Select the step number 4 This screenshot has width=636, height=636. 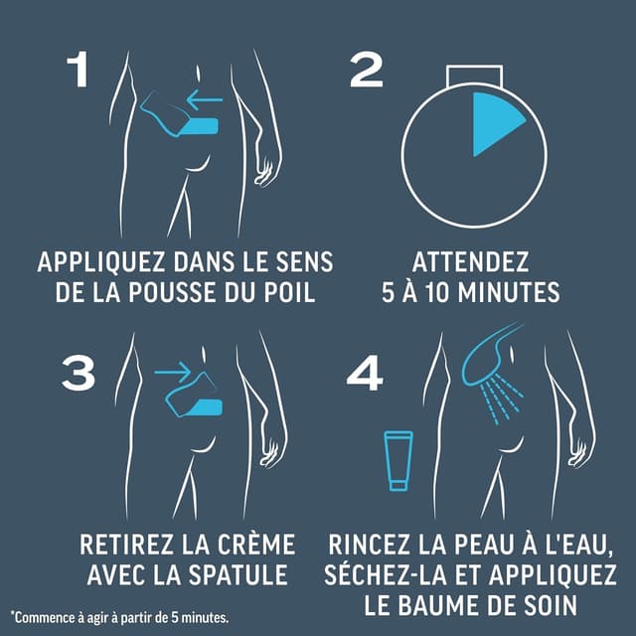(365, 374)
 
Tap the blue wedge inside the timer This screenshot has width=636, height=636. (494, 124)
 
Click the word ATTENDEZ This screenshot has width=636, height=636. (470, 263)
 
